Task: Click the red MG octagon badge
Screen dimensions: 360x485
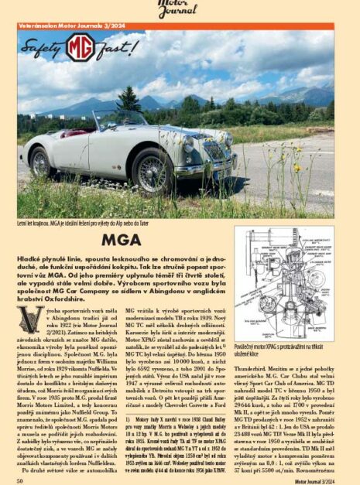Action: (80, 47)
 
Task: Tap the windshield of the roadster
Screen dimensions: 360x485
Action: (118, 119)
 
